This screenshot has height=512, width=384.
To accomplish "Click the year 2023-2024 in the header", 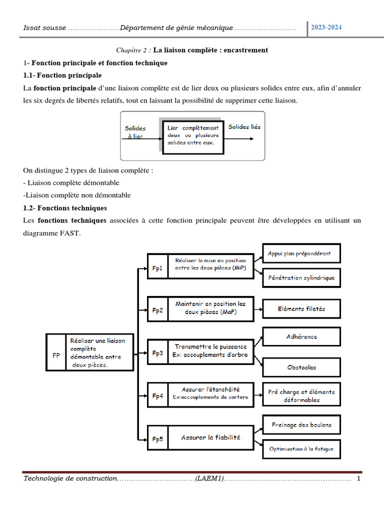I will (326, 27).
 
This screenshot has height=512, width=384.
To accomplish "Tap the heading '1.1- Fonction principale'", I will (62, 75).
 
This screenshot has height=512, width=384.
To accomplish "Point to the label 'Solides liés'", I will (244, 127).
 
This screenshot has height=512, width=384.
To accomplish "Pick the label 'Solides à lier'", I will (135, 132).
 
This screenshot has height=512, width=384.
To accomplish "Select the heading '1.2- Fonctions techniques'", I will (65, 207).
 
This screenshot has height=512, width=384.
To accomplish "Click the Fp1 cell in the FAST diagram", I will (157, 268).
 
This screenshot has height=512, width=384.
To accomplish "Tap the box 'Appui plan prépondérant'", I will (301, 253).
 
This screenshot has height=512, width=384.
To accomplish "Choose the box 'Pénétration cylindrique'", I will (301, 277).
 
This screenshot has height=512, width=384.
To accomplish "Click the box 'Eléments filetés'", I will (301, 309).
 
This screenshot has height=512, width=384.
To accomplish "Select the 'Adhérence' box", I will (301, 336).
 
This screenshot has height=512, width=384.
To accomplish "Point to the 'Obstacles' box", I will (301, 367).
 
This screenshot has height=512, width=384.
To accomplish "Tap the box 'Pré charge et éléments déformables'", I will (301, 395).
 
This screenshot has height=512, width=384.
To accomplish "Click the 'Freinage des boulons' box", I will (301, 425).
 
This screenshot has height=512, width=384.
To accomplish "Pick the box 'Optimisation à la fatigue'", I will (301, 449).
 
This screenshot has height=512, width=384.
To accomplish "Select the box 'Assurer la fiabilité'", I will (210, 437).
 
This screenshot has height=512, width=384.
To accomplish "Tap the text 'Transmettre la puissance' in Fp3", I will (210, 346).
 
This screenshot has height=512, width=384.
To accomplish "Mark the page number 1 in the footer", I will (358, 479).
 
